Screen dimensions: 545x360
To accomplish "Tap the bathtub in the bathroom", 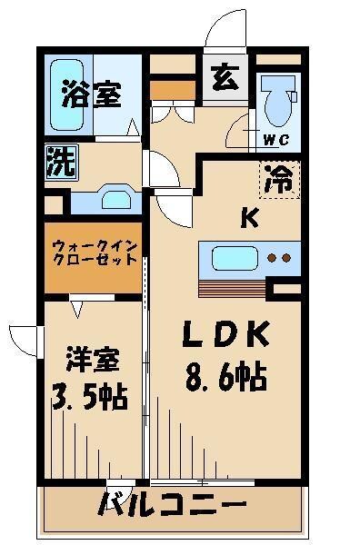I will pyautogui.click(x=65, y=94).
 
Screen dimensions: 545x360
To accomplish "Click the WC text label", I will pyautogui.click(x=275, y=138).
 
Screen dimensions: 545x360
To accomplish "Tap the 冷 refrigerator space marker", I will pyautogui.click(x=278, y=176).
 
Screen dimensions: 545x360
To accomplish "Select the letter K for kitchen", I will pyautogui.click(x=249, y=218).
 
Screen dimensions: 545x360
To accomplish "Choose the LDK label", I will pyautogui.click(x=227, y=336).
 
